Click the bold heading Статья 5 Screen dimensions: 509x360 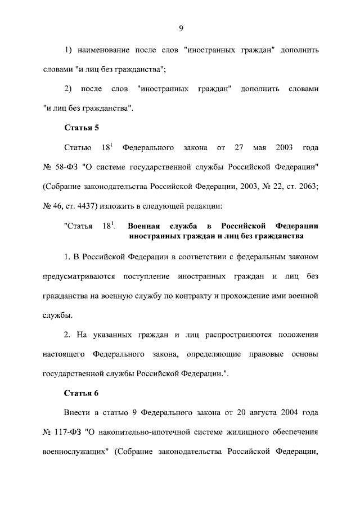[82, 128]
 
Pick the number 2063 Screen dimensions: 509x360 [307, 187]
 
